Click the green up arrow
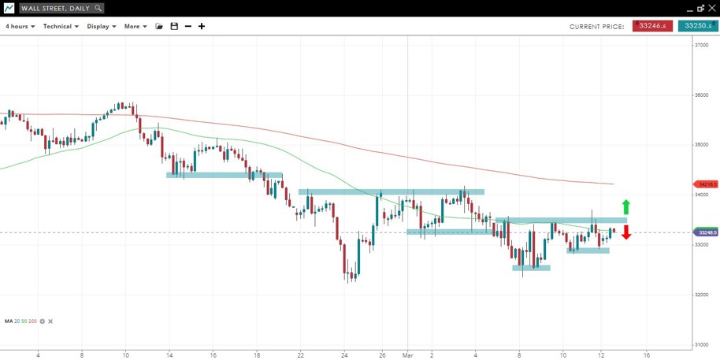click(x=626, y=207)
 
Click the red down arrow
click(x=626, y=232)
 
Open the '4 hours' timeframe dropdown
click(x=20, y=26)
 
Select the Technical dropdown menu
click(x=61, y=26)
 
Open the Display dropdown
click(x=102, y=26)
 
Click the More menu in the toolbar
click(x=135, y=26)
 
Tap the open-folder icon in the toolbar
click(x=159, y=26)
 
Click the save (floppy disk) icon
click(x=174, y=26)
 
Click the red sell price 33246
click(x=652, y=26)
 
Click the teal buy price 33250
click(x=697, y=26)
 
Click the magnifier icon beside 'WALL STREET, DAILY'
click(x=98, y=8)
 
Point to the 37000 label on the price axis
click(x=701, y=45)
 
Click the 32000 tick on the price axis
click(x=701, y=295)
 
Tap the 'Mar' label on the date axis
click(x=407, y=354)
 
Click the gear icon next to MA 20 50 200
click(x=43, y=321)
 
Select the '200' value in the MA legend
click(x=32, y=321)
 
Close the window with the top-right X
click(x=711, y=8)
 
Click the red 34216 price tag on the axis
click(x=703, y=184)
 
